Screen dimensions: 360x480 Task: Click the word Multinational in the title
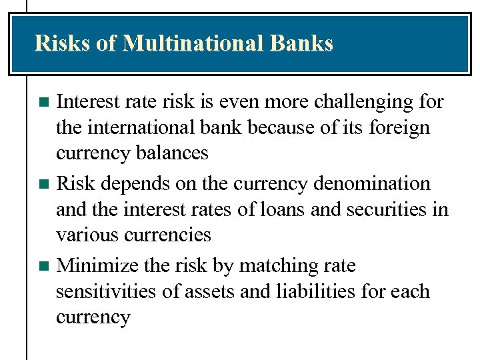pyautogui.click(x=194, y=43)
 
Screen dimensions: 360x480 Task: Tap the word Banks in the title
pyautogui.click(x=302, y=43)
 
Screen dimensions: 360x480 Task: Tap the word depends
pyautogui.click(x=131, y=184)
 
